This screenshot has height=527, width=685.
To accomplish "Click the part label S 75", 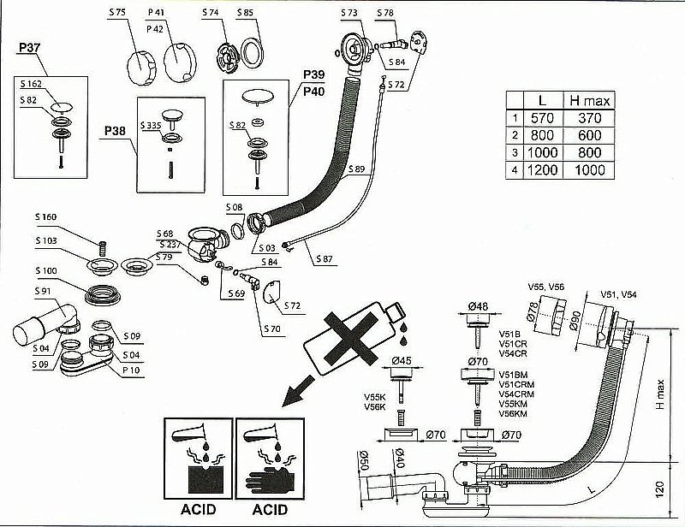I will tap(117, 13).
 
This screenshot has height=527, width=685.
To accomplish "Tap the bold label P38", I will tap(115, 130).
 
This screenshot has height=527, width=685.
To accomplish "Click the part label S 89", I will tap(357, 169).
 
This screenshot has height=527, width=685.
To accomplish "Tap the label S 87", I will tap(325, 258).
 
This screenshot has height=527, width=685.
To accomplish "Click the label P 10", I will tap(131, 369).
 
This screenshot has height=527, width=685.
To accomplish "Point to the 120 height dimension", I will tap(661, 489).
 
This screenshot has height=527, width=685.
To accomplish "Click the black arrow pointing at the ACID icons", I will tap(291, 394).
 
